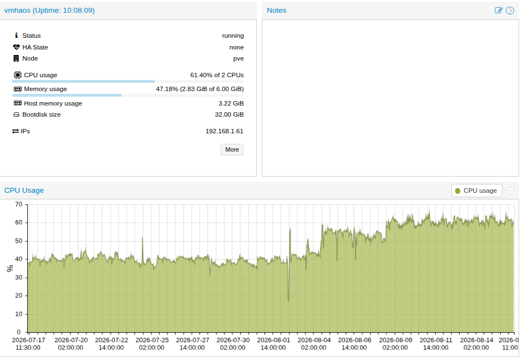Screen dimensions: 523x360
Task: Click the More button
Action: coord(232,149)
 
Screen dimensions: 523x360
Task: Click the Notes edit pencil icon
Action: coord(499,11)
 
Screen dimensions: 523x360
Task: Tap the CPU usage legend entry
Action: coord(476,191)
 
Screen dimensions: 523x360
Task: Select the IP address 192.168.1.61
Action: coord(224,131)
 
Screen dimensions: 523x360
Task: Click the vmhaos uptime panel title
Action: coord(49,11)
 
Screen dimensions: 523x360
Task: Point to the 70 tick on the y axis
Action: coord(19,204)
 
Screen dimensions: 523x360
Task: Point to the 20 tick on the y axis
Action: coord(19,296)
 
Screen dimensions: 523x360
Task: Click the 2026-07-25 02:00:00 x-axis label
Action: coord(152,344)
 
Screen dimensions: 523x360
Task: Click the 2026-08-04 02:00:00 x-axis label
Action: coord(314,344)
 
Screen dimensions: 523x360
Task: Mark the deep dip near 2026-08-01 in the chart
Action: coord(288,301)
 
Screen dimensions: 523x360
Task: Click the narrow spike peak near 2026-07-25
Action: coord(142,237)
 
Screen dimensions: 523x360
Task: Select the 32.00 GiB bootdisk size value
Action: coord(229,114)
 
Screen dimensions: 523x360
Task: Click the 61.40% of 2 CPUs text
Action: coord(217,76)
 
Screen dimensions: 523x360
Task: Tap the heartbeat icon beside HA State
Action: coord(16,47)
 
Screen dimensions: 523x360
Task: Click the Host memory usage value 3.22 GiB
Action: coord(231,104)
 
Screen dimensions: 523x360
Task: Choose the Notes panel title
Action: coord(277,11)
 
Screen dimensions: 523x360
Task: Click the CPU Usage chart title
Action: coord(24,191)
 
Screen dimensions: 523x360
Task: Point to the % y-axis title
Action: coord(9,268)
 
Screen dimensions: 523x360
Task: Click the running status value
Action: coord(233,36)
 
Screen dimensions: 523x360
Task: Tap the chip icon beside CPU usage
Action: coord(18,75)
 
